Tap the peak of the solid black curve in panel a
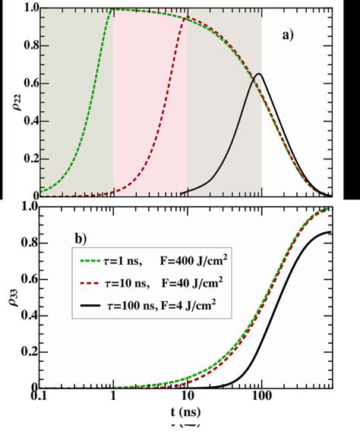(259, 74)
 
